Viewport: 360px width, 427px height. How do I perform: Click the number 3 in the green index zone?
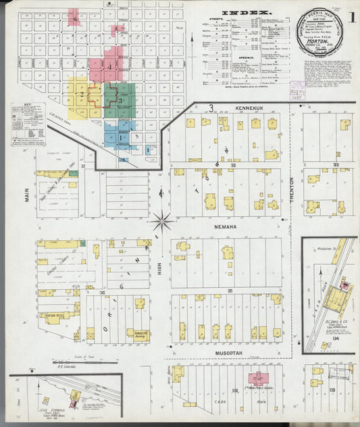click(120, 101)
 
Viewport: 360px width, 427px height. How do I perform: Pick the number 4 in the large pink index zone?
click(109, 67)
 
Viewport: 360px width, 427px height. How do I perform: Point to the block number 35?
click(230, 291)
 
